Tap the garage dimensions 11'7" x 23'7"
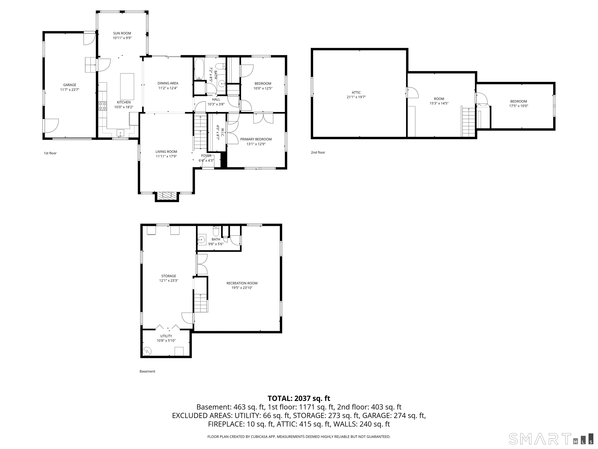pyautogui.click(x=70, y=90)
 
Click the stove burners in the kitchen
pyautogui.click(x=102, y=106)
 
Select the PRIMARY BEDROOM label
pyautogui.click(x=256, y=139)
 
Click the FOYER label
pyautogui.click(x=206, y=156)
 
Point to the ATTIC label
pyautogui.click(x=356, y=92)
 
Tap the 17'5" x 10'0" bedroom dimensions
pyautogui.click(x=519, y=106)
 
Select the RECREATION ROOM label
pyautogui.click(x=242, y=283)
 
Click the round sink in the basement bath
pyautogui.click(x=201, y=239)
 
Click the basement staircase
pyautogui.click(x=201, y=303)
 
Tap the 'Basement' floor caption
pyautogui.click(x=147, y=371)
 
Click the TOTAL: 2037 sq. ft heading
pyautogui.click(x=299, y=398)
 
